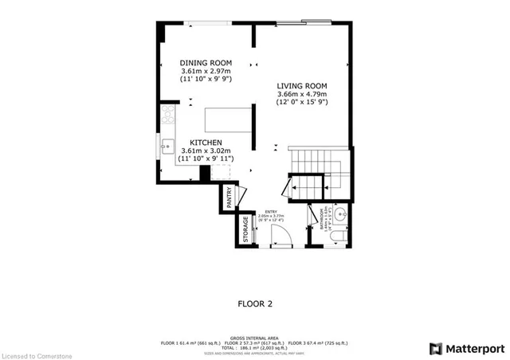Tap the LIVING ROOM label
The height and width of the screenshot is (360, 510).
coord(302,86)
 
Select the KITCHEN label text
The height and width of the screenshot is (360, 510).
coord(205,143)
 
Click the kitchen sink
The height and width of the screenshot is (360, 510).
coord(167,146)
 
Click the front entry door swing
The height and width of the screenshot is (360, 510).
coord(280,235)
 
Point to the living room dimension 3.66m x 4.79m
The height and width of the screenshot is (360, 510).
coord(302,95)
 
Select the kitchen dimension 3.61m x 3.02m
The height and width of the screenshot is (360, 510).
coord(205,151)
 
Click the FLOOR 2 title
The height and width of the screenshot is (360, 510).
coord(255,303)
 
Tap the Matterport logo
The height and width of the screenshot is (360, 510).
coord(467,348)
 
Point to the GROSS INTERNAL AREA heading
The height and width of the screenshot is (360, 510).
coord(254,337)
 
